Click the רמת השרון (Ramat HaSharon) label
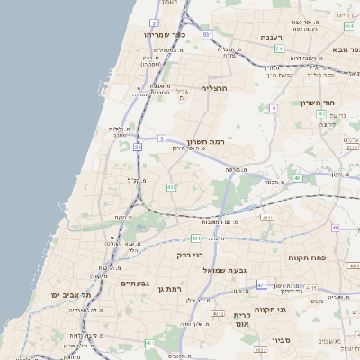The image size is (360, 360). (x=205, y=142)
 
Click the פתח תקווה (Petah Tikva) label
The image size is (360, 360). (x=305, y=257)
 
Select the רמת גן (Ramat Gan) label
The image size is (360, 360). (x=168, y=288)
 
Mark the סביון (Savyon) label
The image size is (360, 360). (x=282, y=341)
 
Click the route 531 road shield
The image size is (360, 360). (x=207, y=34)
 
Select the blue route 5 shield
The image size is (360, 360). (x=161, y=138)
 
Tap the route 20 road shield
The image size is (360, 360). (x=138, y=146)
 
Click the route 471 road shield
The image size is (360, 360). (x=262, y=284)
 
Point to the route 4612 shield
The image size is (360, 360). (x=217, y=312)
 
